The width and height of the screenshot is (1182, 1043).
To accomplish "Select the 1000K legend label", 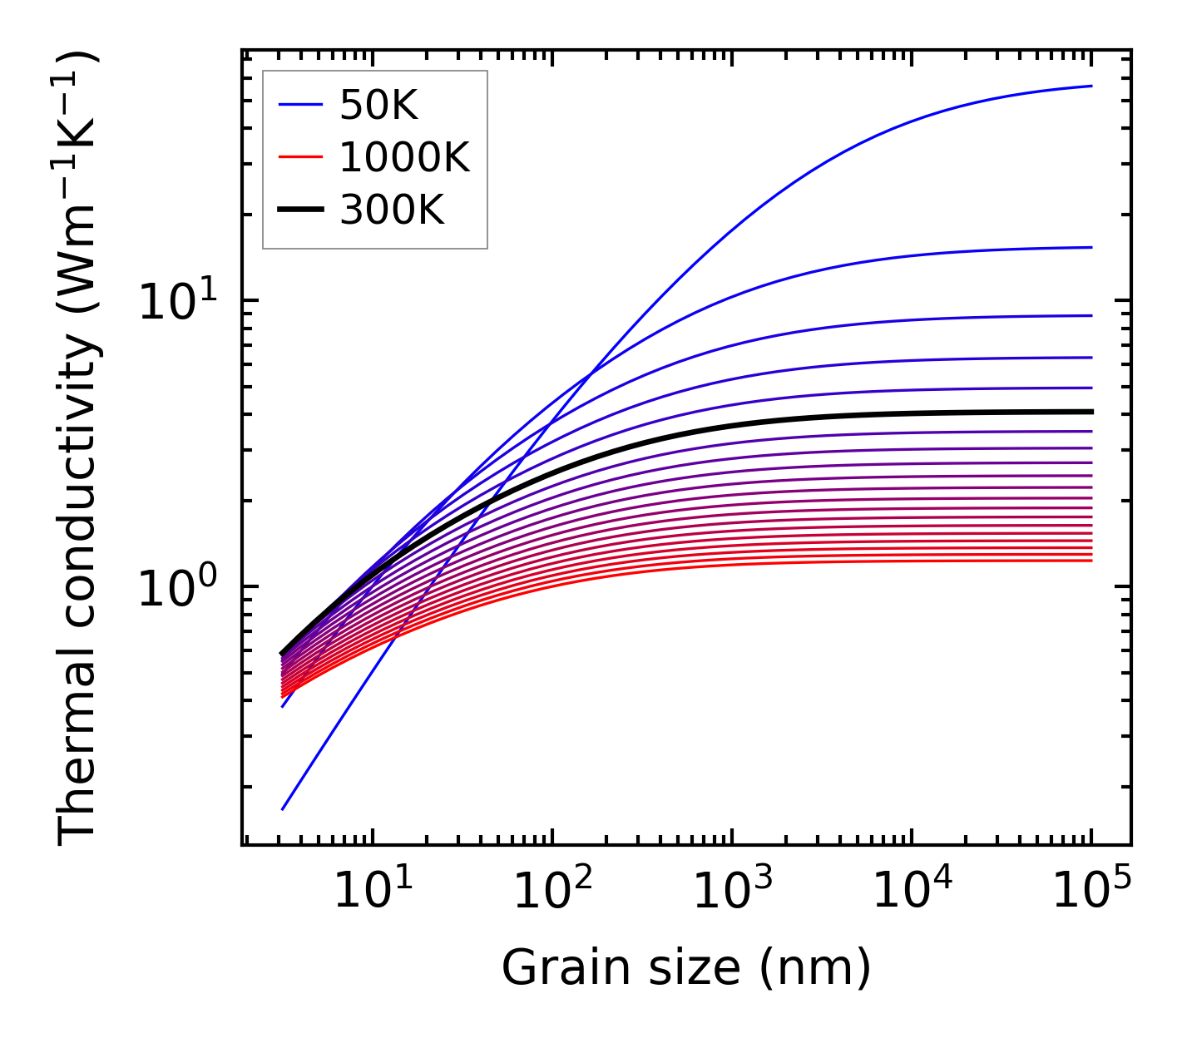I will click(x=405, y=157).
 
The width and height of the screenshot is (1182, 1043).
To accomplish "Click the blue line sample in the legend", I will click(x=299, y=105).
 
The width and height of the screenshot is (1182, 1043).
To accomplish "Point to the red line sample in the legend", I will click(x=299, y=157).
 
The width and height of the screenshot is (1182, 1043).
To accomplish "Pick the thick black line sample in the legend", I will click(x=299, y=210).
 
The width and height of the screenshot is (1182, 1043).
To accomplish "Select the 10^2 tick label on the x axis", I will click(x=551, y=892).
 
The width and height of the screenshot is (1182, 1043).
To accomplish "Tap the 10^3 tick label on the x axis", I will click(x=731, y=892).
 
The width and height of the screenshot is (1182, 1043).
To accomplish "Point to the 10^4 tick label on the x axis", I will click(x=912, y=892).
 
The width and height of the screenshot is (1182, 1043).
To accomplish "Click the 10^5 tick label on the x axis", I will click(x=1091, y=892).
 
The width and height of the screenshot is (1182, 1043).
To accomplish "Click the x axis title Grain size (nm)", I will click(x=686, y=968).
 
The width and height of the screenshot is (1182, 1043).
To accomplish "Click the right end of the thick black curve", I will click(x=1091, y=412).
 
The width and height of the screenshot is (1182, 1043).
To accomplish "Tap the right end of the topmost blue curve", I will click(x=1091, y=86).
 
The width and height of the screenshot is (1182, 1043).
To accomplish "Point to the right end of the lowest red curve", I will click(x=1091, y=561).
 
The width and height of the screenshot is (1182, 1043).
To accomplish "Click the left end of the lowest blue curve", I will click(x=284, y=808).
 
